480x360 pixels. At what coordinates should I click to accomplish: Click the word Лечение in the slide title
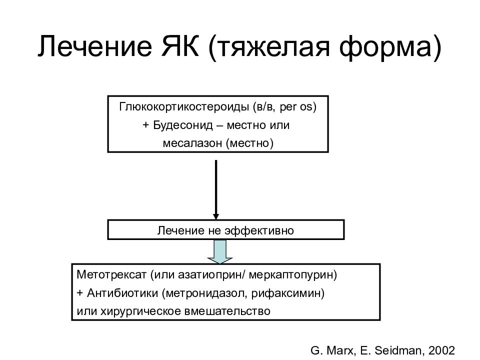[x=94, y=46]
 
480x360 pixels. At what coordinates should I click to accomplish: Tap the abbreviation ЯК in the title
[x=180, y=46]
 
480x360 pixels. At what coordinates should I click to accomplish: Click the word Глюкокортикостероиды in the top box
[x=184, y=107]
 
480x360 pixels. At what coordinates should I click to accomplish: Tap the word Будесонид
[x=183, y=125]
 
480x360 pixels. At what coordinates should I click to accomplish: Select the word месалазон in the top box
[x=192, y=143]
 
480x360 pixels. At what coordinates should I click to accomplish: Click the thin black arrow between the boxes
[x=216, y=189]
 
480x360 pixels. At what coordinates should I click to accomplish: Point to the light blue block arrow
[x=220, y=251]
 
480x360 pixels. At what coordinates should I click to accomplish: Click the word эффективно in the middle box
[x=259, y=230]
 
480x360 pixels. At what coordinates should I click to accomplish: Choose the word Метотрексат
[x=111, y=274]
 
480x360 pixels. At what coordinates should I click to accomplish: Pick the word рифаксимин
[x=285, y=293]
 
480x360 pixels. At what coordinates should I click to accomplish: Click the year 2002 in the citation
[x=441, y=350]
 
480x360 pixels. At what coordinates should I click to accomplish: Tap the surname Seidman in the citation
[x=399, y=350]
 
